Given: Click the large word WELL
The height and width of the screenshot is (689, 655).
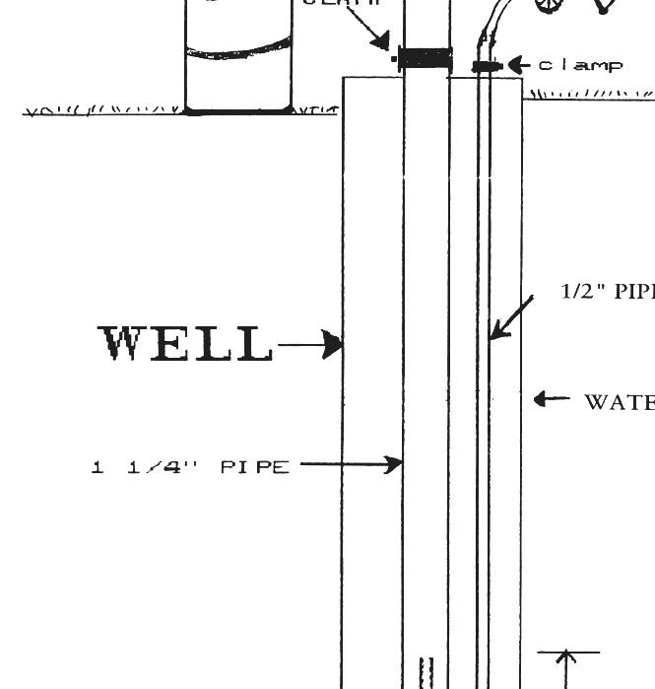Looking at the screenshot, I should [x=186, y=344].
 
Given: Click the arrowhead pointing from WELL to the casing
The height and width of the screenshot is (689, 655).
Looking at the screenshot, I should [x=335, y=345].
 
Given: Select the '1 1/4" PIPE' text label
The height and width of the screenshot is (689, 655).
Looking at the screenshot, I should [x=191, y=466].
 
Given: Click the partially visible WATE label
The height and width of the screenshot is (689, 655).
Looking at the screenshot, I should [x=620, y=401].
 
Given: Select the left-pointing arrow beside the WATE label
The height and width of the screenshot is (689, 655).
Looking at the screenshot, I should [x=551, y=399].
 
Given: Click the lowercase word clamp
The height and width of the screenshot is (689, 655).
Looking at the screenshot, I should [x=580, y=65].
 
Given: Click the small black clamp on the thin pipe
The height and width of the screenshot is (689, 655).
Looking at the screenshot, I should [x=486, y=66].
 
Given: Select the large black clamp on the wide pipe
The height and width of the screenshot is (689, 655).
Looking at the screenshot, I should [x=425, y=58].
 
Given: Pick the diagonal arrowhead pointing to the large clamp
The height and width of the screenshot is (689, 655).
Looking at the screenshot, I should [x=382, y=40].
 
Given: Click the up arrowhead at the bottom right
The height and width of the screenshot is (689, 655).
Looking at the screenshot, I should [x=567, y=659].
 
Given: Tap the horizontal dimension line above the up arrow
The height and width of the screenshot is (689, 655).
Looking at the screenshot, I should [x=567, y=652].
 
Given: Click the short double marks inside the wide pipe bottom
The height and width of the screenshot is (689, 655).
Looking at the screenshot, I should [x=427, y=672].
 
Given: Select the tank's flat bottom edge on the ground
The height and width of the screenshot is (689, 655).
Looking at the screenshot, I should [x=238, y=110].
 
